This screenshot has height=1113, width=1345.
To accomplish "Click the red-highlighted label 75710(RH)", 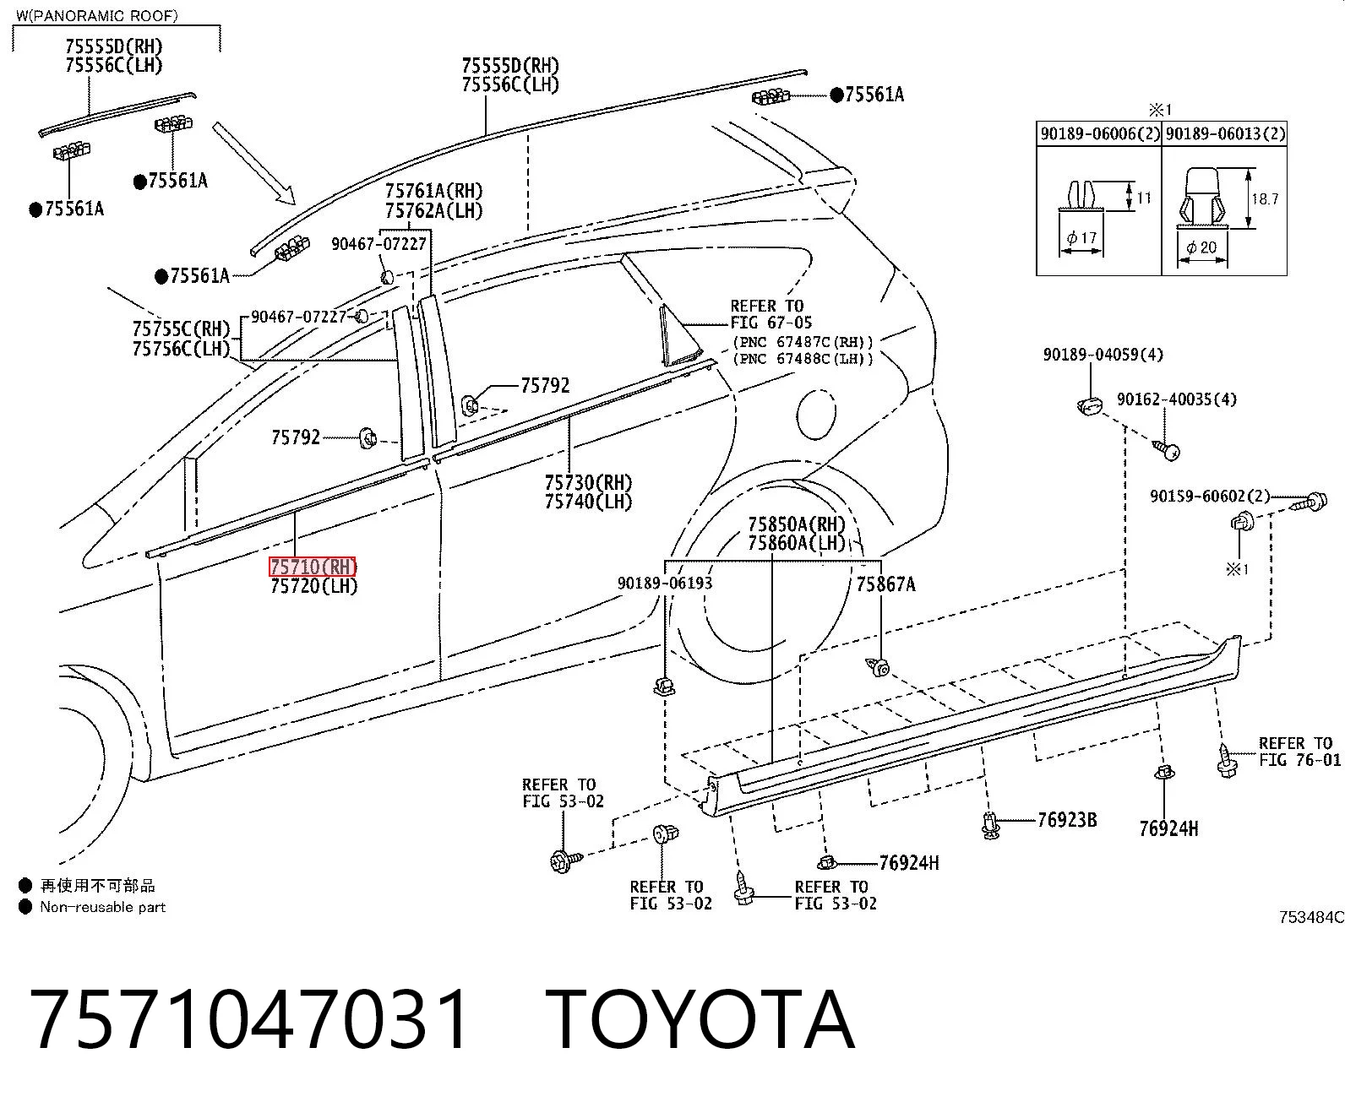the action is pos(313,567).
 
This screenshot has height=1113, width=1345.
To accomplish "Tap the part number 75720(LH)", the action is pos(313,586).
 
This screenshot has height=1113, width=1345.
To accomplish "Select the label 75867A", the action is pos(885,584).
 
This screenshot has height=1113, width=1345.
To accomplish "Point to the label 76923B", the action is pos(1067,820).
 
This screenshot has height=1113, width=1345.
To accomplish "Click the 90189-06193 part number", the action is pos(665,583).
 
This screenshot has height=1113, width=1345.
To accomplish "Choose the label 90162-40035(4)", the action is pos(1177,399).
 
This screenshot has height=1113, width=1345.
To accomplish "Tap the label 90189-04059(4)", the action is pos(1103,355).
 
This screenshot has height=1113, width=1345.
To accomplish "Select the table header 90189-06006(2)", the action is pos(1100,134).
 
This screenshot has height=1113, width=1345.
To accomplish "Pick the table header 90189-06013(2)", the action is pos(1225,134).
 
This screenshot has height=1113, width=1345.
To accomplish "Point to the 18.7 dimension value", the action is pos(1265,199).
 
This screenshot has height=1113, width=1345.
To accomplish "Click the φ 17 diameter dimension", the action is pos(1081,237).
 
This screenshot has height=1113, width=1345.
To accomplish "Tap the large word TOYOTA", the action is pos(700,1020).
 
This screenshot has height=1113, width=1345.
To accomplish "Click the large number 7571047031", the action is pos(248,1020).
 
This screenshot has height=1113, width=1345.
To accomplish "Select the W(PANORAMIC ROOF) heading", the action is pos(96,15).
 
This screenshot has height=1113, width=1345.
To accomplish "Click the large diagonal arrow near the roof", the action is pos(253,164).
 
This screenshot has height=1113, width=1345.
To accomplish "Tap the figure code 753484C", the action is pos(1311,917).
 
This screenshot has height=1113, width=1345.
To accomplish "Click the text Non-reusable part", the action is pos(102,907).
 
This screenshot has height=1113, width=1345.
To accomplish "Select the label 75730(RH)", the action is pos(588,482).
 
